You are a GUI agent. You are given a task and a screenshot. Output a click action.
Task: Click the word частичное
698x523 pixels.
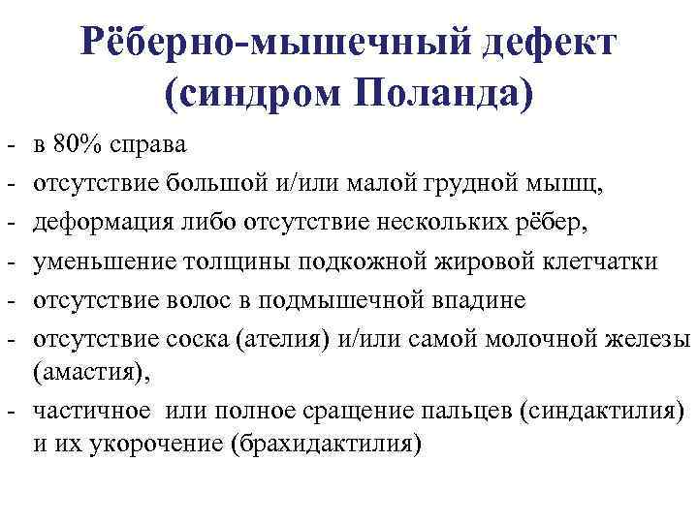(x=92, y=412)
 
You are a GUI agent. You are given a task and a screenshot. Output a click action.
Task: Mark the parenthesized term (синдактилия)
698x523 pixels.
(x=601, y=412)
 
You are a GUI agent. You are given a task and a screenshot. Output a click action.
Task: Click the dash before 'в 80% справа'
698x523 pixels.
(x=8, y=147)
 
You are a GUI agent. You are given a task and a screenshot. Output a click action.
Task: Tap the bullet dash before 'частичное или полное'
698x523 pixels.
(x=8, y=414)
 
